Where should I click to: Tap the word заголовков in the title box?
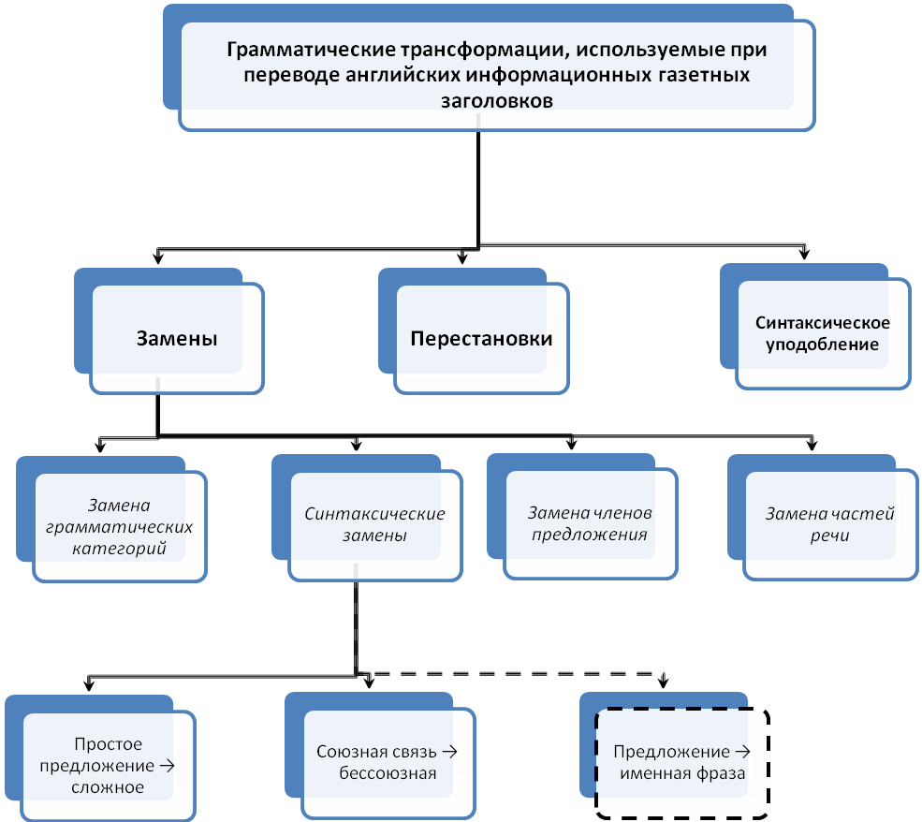tap(496, 100)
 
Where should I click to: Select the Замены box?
tap(177, 339)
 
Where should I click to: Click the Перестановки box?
tap(481, 339)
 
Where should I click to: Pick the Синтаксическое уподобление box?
tap(823, 333)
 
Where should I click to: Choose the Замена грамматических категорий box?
tap(119, 526)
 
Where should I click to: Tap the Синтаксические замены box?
tap(374, 525)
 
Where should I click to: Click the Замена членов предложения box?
tap(589, 524)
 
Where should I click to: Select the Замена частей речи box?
tap(830, 525)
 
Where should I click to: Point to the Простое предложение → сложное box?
tap(108, 766)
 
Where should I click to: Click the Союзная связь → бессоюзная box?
tap(388, 762)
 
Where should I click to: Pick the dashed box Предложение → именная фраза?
tap(681, 762)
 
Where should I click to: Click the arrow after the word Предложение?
tap(742, 751)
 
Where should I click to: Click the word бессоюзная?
tap(388, 773)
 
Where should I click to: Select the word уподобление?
tap(823, 344)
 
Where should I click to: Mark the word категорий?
tap(119, 548)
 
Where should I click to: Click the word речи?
tap(830, 536)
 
